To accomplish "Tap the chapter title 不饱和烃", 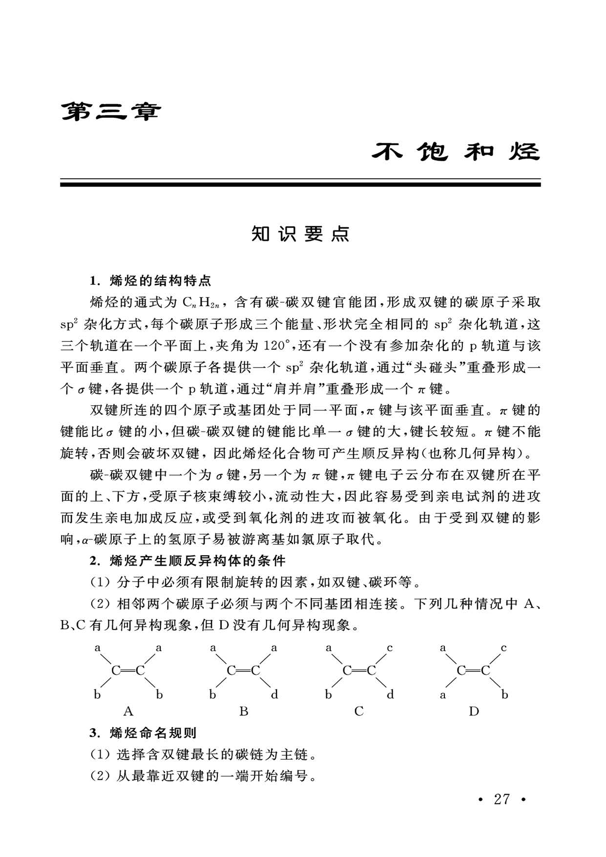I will coord(456,152).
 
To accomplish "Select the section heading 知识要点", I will coord(300,234).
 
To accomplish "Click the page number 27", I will coord(502,799).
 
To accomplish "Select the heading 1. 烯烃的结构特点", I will coord(150,281).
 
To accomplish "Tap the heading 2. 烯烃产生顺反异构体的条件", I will coord(188,561).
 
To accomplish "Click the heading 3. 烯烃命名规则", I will coord(143,733).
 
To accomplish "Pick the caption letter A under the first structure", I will coord(128,711).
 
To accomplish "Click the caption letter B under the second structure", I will coord(244,711).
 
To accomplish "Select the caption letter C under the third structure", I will coord(359,711).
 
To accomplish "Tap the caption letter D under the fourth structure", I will coord(474,711).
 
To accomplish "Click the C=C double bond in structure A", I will coord(128,671).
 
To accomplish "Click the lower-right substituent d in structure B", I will coord(274,694).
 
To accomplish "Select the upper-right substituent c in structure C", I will coord(390,648).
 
